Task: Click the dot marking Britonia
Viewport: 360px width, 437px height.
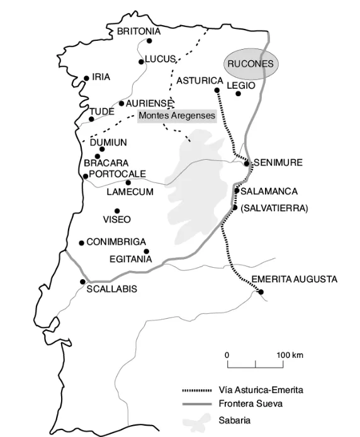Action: point(150,41)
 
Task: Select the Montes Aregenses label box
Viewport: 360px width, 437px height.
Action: point(177,116)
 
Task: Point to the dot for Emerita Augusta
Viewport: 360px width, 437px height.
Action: point(261,292)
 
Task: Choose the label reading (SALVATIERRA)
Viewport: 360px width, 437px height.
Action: point(274,208)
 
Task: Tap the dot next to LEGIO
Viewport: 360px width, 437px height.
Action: point(238,94)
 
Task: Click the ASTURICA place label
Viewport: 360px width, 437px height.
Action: point(200,80)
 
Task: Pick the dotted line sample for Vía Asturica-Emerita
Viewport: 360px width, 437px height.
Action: point(197,390)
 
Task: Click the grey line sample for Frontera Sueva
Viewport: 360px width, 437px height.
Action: point(197,405)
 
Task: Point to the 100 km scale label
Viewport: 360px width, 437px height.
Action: point(290,355)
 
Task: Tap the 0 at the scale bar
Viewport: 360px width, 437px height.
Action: point(227,355)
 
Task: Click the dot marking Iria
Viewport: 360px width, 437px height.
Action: point(86,79)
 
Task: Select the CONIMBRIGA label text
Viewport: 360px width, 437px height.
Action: point(116,241)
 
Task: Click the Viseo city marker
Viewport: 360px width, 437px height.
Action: point(116,211)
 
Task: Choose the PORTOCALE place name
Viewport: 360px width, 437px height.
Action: point(118,174)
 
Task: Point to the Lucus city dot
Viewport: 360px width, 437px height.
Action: point(141,62)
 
